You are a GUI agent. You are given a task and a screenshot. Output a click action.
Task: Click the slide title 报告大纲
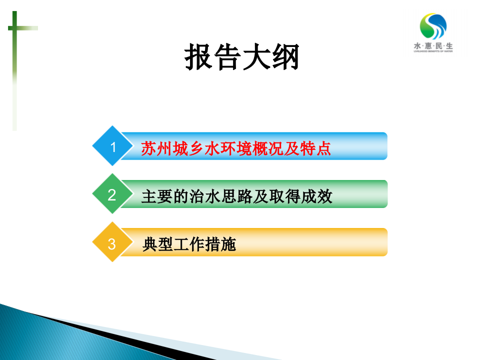(x=242, y=58)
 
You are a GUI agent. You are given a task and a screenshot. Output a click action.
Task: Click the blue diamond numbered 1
(x=113, y=146)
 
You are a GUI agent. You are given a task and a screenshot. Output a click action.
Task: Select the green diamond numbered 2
(x=112, y=194)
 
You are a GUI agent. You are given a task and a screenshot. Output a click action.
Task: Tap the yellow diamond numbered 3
(x=112, y=243)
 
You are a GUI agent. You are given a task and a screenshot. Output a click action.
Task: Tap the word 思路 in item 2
(x=236, y=196)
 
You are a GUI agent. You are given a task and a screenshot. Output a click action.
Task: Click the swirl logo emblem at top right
(x=433, y=26)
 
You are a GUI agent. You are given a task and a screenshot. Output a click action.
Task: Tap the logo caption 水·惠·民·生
(x=433, y=45)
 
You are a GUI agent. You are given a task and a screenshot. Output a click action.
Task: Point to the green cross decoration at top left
(x=15, y=30)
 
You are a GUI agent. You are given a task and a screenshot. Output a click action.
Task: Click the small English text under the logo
(x=433, y=51)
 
